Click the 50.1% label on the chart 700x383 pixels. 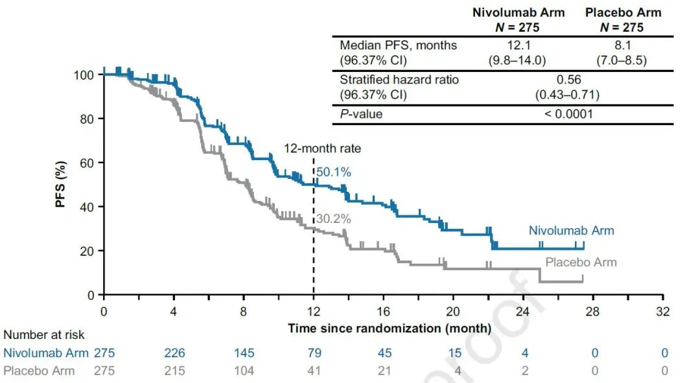pyautogui.click(x=334, y=172)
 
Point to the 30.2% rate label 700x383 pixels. pyautogui.click(x=334, y=219)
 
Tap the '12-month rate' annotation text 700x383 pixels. pyautogui.click(x=322, y=148)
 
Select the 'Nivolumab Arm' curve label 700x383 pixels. pyautogui.click(x=571, y=230)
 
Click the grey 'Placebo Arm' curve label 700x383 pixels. pyautogui.click(x=581, y=262)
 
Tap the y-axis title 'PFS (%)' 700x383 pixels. pyautogui.click(x=61, y=184)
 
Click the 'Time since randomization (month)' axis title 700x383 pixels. pyautogui.click(x=389, y=328)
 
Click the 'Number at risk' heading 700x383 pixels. pyautogui.click(x=44, y=335)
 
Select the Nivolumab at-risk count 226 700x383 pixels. pyautogui.click(x=174, y=353)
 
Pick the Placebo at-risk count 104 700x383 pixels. pyautogui.click(x=244, y=371)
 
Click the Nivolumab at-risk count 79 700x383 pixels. pyautogui.click(x=314, y=353)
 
